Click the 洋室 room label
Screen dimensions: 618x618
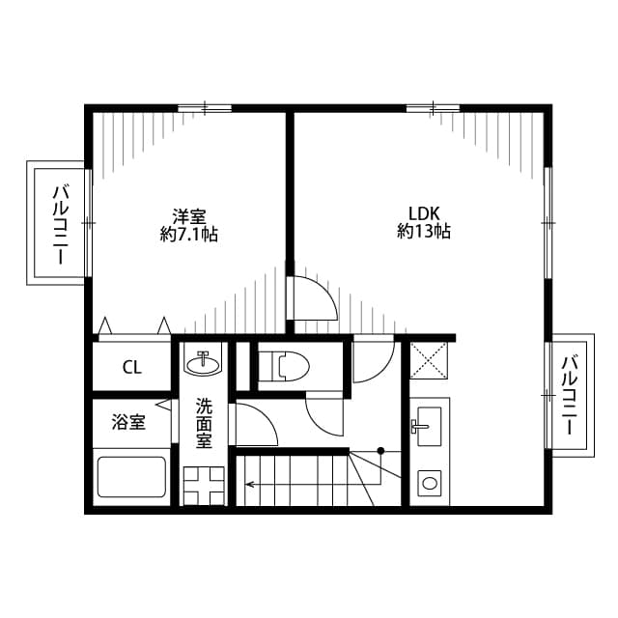[x=189, y=216]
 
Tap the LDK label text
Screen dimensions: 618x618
[x=424, y=214]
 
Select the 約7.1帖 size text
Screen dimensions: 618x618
[x=189, y=235]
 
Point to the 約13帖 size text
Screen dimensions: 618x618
[x=424, y=232]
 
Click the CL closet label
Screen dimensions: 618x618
[x=131, y=368]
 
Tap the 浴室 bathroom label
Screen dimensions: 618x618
[x=128, y=422]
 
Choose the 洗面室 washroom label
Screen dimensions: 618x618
[x=204, y=424]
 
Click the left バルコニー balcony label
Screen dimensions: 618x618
[x=60, y=225]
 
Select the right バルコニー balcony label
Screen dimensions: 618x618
[x=569, y=395]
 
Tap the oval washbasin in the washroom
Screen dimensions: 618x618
[x=204, y=365]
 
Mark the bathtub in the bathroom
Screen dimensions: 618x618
[x=131, y=477]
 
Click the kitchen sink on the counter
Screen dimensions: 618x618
[x=429, y=427]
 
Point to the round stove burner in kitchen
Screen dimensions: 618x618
[x=429, y=483]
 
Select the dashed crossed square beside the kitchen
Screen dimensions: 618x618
[x=429, y=360]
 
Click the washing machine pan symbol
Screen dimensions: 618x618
[x=204, y=486]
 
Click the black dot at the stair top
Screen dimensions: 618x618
[x=380, y=450]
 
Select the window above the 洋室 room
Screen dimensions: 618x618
[x=205, y=108]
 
